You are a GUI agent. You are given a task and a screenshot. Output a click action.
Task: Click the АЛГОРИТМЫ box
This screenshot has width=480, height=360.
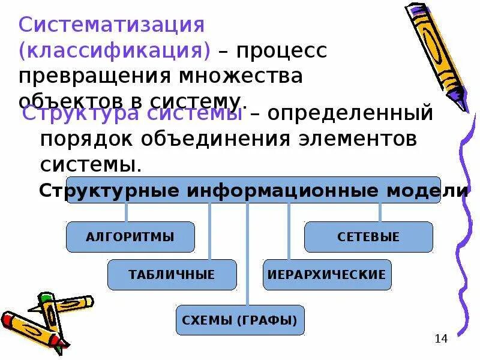point(130,236)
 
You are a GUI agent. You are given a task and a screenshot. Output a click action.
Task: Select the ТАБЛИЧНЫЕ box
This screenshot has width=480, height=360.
point(172,275)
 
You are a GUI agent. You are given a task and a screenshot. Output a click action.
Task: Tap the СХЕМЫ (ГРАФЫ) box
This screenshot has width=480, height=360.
point(240,320)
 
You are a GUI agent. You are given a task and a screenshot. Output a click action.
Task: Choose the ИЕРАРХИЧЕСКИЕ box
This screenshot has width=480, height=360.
point(327,275)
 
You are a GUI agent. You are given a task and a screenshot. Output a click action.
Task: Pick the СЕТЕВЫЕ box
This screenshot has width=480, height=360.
point(368,236)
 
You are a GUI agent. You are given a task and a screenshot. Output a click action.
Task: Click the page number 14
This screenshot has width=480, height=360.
point(441,339)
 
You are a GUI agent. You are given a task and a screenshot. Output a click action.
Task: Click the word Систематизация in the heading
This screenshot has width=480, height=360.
point(112,25)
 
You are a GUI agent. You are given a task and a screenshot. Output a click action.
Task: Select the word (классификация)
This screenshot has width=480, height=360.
point(115,51)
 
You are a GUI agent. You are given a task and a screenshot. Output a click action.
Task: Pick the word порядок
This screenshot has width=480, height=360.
point(87,138)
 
